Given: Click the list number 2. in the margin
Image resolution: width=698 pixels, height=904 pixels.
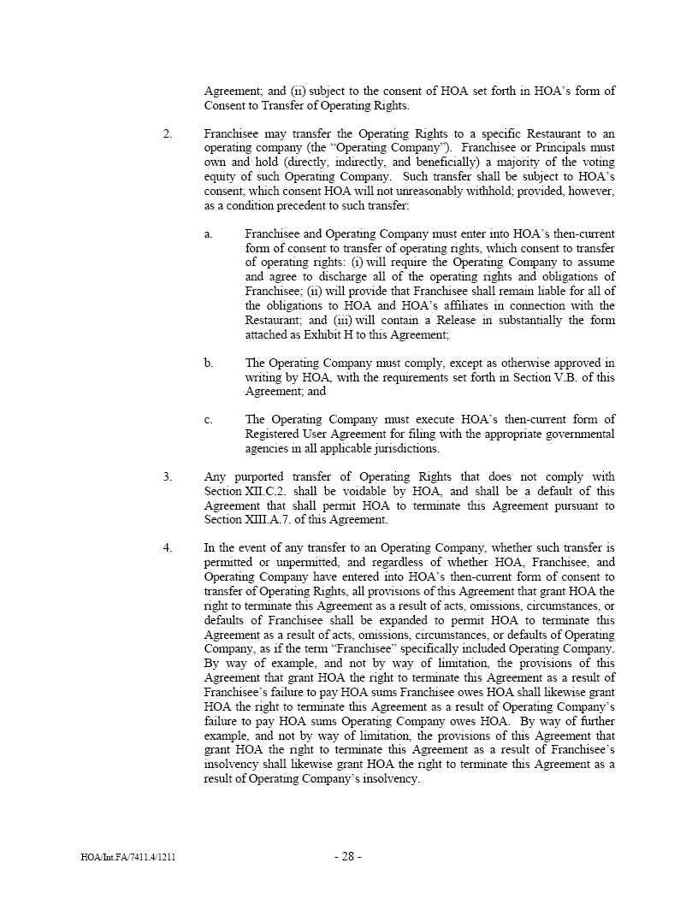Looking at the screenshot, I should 168,134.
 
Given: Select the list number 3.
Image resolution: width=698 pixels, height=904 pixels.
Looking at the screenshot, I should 168,476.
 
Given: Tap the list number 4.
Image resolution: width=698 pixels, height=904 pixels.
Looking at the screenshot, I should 168,547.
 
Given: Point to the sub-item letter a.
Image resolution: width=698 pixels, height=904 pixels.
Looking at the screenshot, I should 209,233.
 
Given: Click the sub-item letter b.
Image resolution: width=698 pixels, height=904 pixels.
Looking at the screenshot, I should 209,363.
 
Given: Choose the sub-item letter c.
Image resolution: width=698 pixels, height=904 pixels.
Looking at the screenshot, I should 209,419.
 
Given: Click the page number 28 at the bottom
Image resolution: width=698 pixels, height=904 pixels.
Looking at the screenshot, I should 347,856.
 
